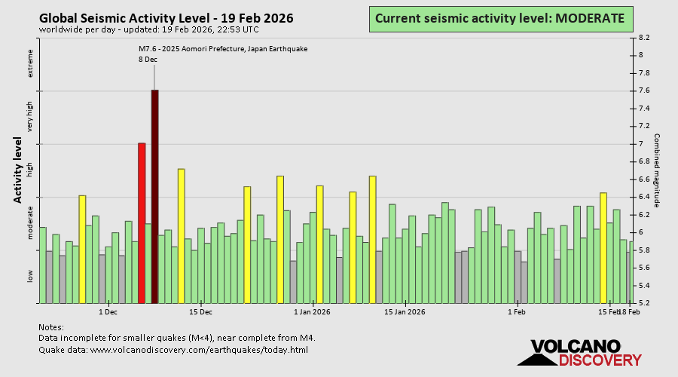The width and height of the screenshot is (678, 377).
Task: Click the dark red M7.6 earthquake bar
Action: (154, 196)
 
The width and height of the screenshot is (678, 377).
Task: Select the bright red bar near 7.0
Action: (141, 222)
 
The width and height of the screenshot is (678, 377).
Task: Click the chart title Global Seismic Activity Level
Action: (166, 18)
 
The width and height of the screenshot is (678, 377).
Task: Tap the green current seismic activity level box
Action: (499, 18)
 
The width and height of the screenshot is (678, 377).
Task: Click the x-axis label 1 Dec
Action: (107, 311)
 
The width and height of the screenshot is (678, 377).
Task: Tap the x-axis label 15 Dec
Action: (200, 311)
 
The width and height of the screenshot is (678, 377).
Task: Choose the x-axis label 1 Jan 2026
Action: (312, 311)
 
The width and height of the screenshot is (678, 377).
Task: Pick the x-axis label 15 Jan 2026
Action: (405, 311)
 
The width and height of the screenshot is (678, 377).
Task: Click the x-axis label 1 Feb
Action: (517, 311)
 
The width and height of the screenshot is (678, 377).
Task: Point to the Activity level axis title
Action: (17, 170)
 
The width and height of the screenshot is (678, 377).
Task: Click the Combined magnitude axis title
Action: (656, 170)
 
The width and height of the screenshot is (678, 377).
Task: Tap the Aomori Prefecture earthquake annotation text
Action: (223, 49)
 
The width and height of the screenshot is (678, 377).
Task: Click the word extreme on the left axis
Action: (31, 64)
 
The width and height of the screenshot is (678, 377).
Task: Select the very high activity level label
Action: (31, 117)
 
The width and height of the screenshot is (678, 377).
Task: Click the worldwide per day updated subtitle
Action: (148, 29)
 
